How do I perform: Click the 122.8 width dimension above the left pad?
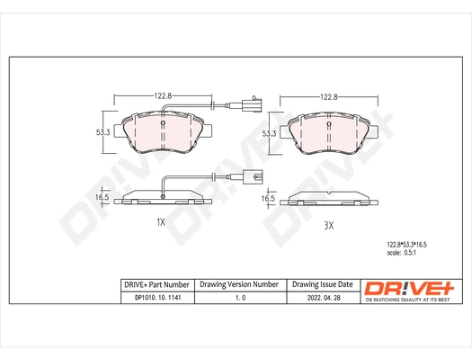(162, 95)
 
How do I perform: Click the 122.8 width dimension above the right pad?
(329, 95)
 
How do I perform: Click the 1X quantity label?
(162, 221)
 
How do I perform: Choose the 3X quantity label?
(329, 225)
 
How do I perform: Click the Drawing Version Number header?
(239, 284)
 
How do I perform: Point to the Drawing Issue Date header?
(322, 284)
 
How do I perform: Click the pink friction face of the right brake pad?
(329, 135)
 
